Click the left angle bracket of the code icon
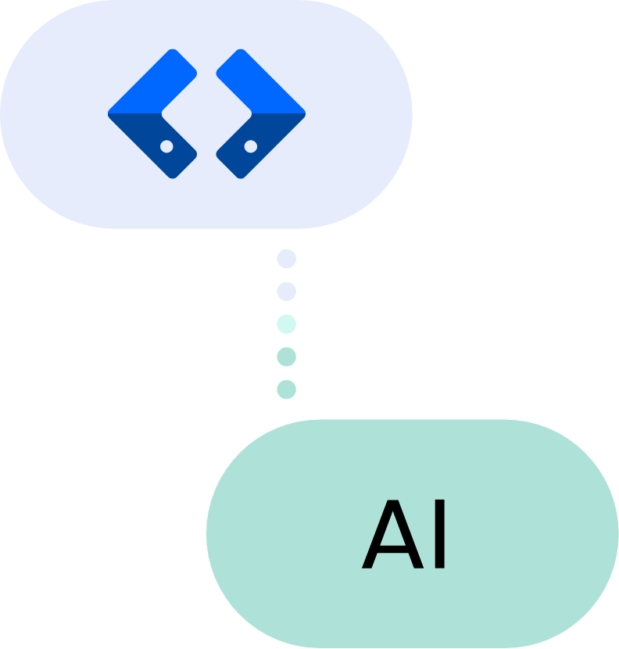pos(141,113)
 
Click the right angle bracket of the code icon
pos(272,113)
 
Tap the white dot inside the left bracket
pos(166,146)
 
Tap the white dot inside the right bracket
pos(250,146)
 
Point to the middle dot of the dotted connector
pos(287,324)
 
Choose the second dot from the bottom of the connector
pos(287,357)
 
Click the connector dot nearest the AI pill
pos(287,389)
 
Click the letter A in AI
pos(389,536)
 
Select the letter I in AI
pos(440,536)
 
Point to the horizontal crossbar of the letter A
pos(389,547)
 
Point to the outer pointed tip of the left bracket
pos(110,113)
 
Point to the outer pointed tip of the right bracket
pos(303,113)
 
